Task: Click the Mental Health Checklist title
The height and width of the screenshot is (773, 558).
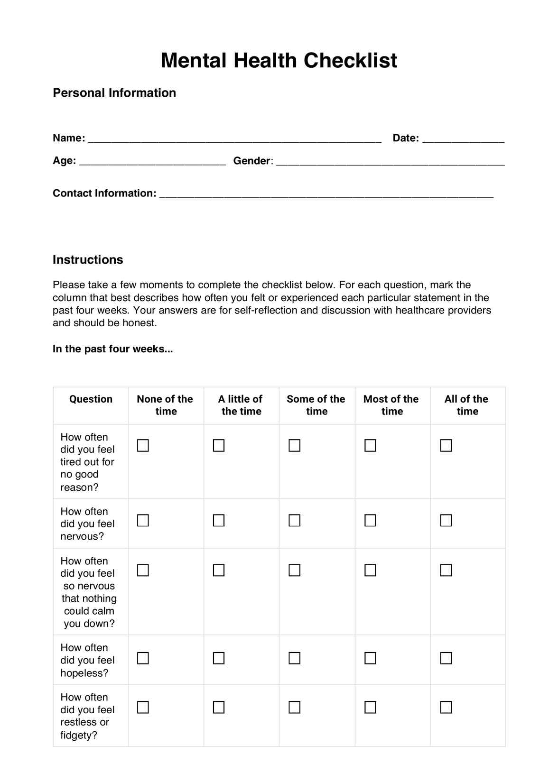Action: [279, 61]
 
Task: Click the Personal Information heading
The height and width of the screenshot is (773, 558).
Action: [114, 92]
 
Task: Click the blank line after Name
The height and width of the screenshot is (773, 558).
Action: [235, 139]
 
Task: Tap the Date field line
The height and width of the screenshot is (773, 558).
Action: [463, 139]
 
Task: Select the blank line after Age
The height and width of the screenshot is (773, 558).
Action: [152, 162]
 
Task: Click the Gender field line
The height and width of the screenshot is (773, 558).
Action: [390, 162]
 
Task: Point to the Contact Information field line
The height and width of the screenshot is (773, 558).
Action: [326, 194]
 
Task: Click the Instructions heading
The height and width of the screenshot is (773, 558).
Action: [88, 259]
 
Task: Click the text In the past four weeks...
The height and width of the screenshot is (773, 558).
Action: [112, 349]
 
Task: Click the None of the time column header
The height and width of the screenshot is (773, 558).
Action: [165, 405]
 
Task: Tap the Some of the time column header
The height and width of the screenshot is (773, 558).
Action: [316, 405]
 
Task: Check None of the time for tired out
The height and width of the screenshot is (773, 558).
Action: [143, 445]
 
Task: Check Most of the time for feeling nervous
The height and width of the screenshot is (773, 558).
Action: [370, 520]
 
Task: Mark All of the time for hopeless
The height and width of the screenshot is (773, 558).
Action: [446, 658]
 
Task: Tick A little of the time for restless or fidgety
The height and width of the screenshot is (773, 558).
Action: [219, 707]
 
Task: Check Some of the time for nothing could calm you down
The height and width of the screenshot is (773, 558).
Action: [295, 570]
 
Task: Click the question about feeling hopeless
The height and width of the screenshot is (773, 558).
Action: [88, 660]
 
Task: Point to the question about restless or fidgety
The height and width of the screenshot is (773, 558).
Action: [88, 716]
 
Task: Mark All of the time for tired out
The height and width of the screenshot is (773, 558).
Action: [446, 445]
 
